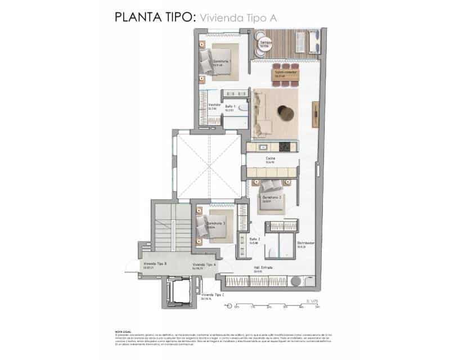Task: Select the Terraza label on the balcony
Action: [266, 43]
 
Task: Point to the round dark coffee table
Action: [287, 114]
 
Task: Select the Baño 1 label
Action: [230, 107]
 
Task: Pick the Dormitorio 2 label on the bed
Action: [272, 197]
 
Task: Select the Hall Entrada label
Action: [262, 268]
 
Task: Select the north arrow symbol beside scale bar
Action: [228, 307]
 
